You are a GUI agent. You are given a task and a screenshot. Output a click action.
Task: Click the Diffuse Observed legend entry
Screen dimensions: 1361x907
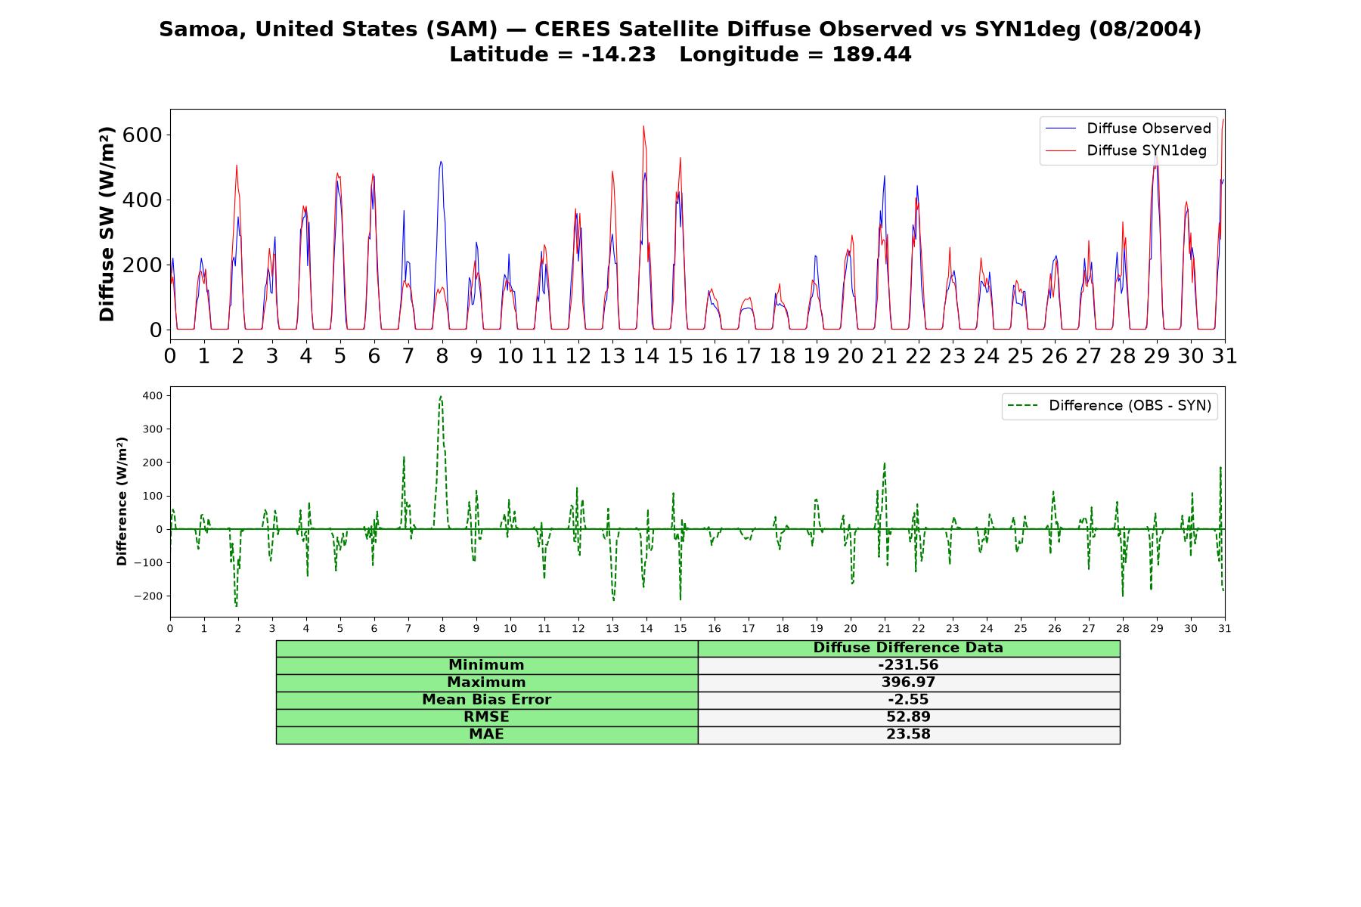[1128, 128]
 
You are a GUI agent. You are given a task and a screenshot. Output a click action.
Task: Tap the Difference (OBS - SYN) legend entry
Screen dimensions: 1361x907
[1109, 406]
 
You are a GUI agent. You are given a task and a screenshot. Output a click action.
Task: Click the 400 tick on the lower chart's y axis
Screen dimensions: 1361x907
[153, 395]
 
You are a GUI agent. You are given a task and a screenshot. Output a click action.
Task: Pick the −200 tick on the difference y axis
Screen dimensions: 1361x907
[149, 596]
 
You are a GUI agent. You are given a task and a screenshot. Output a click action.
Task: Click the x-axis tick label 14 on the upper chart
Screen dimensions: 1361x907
[646, 356]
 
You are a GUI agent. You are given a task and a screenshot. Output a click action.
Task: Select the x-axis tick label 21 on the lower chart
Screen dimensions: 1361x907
[885, 628]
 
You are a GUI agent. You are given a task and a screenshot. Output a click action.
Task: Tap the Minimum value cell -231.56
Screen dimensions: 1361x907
[908, 665]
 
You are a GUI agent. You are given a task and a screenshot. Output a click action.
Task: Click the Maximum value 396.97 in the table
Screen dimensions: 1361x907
[908, 683]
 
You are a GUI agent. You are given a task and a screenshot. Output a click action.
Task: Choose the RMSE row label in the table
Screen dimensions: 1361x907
[486, 717]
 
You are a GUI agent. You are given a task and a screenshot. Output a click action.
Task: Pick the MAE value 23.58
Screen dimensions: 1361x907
[908, 735]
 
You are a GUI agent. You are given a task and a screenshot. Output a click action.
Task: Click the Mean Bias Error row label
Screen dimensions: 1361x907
[486, 700]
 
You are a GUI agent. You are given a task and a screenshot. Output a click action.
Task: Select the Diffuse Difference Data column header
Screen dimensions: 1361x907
[908, 648]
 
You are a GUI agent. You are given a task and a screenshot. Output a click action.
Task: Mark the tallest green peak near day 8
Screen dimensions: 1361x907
[441, 396]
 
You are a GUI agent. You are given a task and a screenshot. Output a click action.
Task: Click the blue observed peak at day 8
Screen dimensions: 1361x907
[441, 161]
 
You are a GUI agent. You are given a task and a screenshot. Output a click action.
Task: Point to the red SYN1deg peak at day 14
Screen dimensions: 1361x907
[643, 126]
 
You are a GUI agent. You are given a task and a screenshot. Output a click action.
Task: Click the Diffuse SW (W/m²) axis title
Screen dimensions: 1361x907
[107, 224]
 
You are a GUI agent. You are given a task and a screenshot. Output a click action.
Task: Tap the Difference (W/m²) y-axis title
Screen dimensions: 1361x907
[122, 501]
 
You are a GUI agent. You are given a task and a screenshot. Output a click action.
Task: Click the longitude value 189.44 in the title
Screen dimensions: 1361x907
[872, 54]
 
